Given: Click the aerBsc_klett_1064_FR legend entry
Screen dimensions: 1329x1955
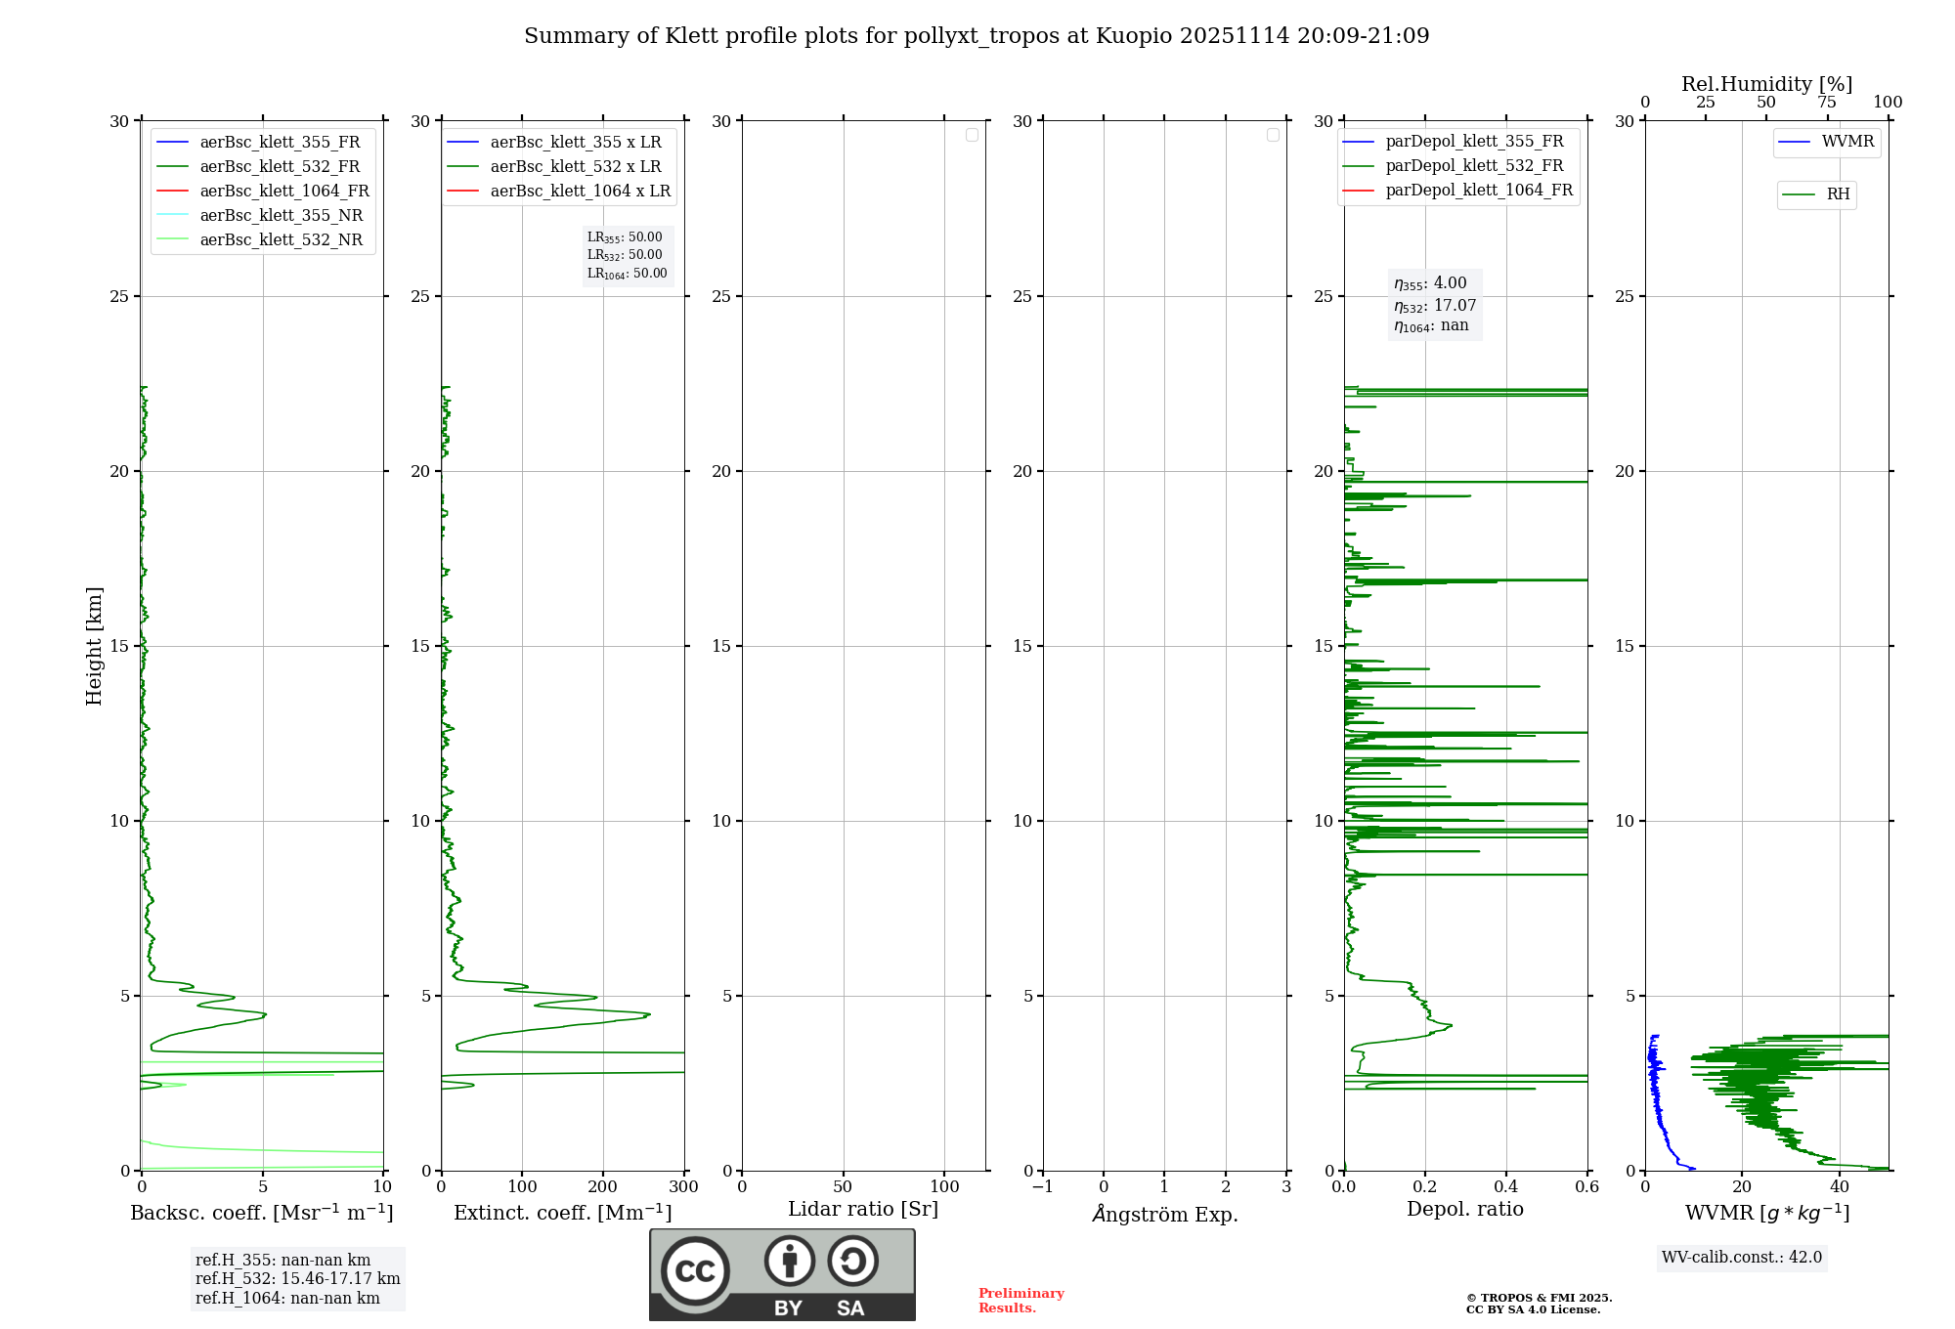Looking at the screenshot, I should pos(283,191).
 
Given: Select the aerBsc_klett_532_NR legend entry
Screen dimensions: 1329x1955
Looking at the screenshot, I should pos(281,239).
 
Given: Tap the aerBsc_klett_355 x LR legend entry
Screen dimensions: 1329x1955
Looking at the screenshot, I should pos(575,142).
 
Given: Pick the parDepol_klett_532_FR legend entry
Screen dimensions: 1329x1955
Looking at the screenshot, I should pos(1473,165).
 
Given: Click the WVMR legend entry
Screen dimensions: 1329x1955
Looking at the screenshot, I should pos(1846,142).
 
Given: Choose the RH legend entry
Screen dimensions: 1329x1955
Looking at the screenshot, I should pos(1837,194).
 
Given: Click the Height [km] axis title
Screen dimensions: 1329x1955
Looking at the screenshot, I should pos(94,645).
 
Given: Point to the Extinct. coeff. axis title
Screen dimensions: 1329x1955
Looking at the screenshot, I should pos(562,1213).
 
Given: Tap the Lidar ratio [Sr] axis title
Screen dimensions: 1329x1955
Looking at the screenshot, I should pos(863,1209).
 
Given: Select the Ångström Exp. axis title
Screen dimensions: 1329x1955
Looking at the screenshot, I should pos(1164,1214).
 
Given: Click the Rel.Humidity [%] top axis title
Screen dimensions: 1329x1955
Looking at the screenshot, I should pos(1766,84).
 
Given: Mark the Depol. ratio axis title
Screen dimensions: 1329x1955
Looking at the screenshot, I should pos(1464,1209).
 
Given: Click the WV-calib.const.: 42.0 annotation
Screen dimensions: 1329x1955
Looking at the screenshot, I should pos(1741,1257).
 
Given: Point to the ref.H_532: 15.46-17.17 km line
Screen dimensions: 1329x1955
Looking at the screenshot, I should pos(297,1278).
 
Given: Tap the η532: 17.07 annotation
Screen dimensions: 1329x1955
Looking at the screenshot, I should pos(1434,305).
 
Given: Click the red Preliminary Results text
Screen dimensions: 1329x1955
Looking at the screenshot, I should pos(1021,1300).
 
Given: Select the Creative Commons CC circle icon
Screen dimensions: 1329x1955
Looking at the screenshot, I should pos(695,1270).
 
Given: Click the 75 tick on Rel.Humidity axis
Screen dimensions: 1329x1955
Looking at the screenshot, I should pos(1826,103).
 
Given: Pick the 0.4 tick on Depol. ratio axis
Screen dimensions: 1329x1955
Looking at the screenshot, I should pos(1506,1186).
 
